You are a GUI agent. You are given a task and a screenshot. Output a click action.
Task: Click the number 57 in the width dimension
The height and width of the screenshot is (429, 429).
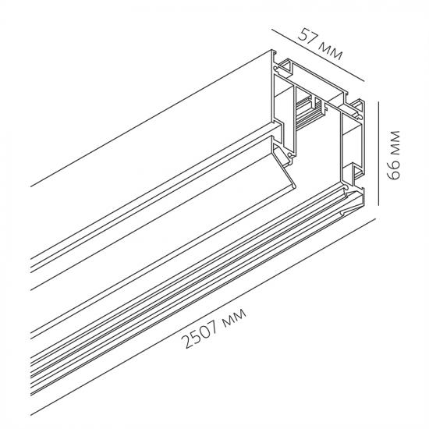pyautogui.click(x=307, y=36)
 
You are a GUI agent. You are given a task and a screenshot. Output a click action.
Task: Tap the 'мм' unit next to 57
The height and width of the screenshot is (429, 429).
pyautogui.click(x=331, y=51)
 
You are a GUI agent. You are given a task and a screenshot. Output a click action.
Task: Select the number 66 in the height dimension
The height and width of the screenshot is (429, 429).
pyautogui.click(x=393, y=171)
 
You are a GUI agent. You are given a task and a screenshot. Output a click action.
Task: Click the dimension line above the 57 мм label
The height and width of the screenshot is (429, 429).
pyautogui.click(x=318, y=55)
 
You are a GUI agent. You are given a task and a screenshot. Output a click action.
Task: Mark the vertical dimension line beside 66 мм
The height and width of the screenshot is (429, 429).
pyautogui.click(x=378, y=153)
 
